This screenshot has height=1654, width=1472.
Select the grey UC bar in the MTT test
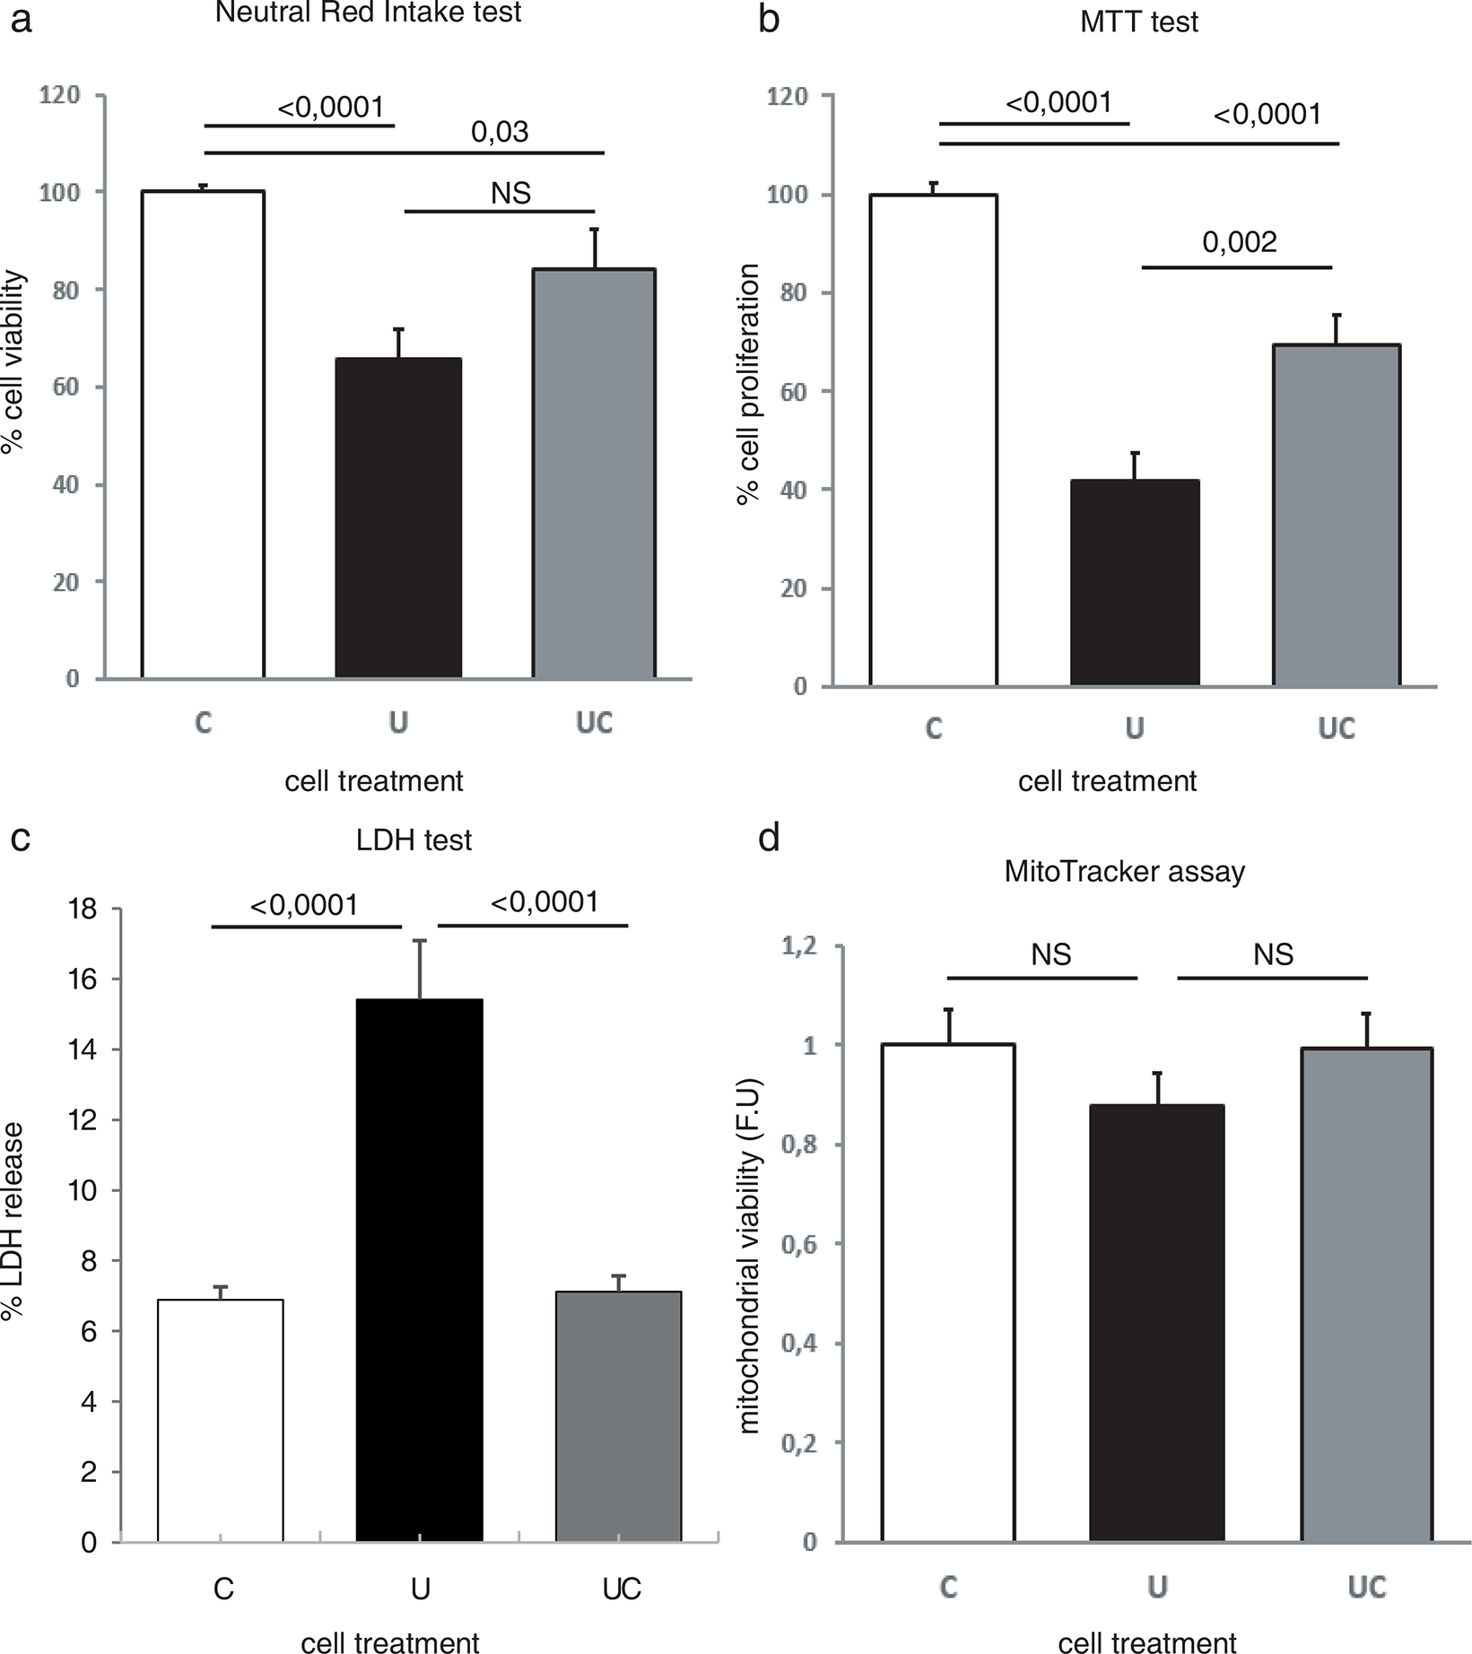click(1337, 516)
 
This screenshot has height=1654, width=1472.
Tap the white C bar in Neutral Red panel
click(203, 435)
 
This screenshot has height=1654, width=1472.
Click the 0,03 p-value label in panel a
click(500, 133)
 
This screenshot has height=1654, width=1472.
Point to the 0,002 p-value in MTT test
click(1240, 242)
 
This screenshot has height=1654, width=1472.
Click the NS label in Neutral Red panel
click(510, 193)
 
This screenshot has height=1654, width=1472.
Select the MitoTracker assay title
click(1125, 872)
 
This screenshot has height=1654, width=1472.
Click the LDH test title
click(414, 840)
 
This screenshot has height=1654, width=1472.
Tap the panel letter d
click(769, 838)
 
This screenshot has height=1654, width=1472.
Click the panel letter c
click(20, 838)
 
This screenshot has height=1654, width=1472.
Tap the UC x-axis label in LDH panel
click(621, 1589)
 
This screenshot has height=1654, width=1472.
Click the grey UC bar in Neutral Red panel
click(594, 474)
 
